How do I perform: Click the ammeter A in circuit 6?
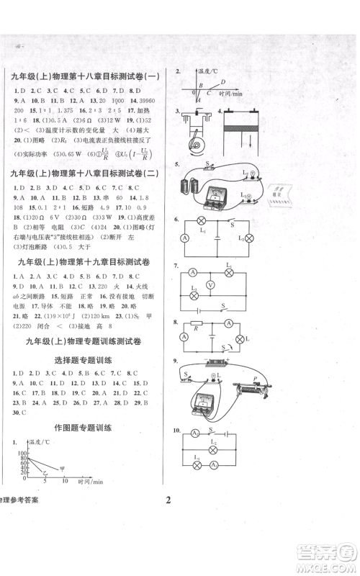coord(184,238)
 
